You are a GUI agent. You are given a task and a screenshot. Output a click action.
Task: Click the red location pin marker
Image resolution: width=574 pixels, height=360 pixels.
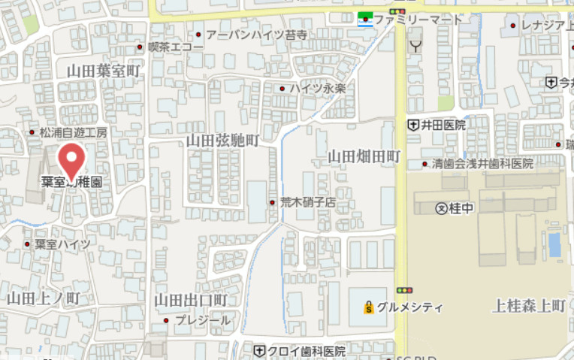point(72,161)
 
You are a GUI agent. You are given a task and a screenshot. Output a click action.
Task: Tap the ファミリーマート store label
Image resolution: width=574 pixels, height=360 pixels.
point(418,20)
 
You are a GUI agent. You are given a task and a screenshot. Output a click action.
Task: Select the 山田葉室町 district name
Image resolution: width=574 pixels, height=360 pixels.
point(104,71)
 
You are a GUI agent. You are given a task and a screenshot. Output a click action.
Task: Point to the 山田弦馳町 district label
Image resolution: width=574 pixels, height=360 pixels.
point(222,141)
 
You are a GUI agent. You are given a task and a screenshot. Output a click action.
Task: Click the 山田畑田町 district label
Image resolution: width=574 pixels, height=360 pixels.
point(364,156)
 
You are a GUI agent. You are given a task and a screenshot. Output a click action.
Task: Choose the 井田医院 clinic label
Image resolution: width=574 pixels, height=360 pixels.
point(443,125)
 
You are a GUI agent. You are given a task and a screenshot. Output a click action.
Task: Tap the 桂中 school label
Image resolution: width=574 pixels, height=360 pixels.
point(461,208)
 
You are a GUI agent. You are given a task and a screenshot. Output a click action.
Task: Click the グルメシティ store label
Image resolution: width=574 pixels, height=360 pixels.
point(409,307)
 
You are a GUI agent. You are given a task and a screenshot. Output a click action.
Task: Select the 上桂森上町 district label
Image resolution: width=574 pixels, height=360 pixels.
point(528,306)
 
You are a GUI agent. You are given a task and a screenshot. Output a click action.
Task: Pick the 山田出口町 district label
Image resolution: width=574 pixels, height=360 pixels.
point(191,300)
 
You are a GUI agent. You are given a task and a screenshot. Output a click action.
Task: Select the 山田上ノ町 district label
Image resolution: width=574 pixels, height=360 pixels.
point(44,298)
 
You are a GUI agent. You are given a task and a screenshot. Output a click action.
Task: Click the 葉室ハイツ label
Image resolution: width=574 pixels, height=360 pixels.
point(62,244)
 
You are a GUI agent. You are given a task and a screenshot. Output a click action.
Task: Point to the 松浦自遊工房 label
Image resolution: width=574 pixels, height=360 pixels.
point(74,132)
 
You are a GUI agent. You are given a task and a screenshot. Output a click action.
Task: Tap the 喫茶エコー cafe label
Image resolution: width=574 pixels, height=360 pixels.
point(175,47)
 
